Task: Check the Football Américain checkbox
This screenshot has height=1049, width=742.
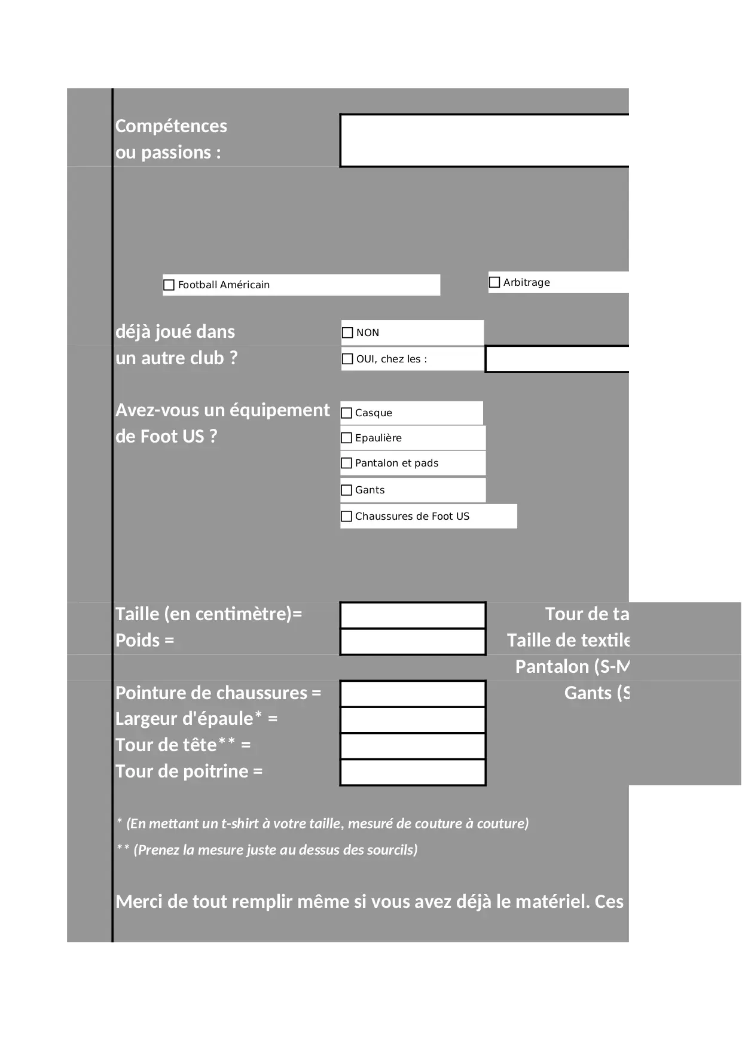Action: click(x=169, y=285)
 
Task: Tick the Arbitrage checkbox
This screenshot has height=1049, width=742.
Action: click(x=494, y=282)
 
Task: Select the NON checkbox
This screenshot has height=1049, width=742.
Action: click(x=347, y=333)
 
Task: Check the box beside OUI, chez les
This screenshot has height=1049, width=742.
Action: click(x=347, y=359)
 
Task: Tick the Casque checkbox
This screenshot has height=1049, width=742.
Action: click(x=346, y=413)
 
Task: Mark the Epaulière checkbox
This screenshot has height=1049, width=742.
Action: click(x=346, y=438)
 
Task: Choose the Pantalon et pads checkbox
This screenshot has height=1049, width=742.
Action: click(x=346, y=463)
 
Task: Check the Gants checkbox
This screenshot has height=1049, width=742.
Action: click(x=346, y=490)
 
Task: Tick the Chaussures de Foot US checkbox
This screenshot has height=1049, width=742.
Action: click(x=346, y=516)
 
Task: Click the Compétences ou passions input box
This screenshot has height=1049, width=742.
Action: click(x=484, y=141)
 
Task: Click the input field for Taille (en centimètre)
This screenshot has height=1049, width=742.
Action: click(x=413, y=615)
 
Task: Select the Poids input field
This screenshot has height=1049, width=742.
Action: click(x=413, y=641)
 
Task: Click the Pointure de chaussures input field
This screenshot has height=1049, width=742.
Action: click(x=413, y=694)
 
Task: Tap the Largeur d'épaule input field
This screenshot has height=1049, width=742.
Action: click(x=413, y=720)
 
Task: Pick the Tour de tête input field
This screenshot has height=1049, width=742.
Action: click(x=413, y=746)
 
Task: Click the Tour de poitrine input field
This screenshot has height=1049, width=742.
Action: click(x=413, y=772)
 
